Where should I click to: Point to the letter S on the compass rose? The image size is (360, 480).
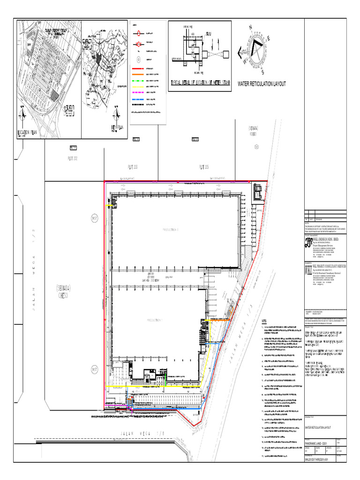coord(263,72)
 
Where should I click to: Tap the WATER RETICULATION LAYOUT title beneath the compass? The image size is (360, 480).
coord(262,84)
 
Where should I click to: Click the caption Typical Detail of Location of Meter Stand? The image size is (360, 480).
coord(201,83)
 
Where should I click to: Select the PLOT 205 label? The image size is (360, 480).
coord(203,166)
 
